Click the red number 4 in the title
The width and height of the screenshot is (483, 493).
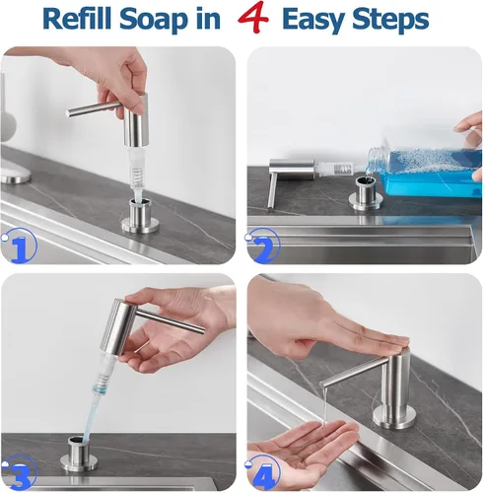pyautogui.click(x=253, y=18)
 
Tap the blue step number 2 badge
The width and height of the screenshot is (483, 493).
pyautogui.click(x=263, y=246)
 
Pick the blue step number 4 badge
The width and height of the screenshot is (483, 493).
pyautogui.click(x=263, y=472)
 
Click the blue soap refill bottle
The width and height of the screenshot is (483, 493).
pyautogui.click(x=427, y=170)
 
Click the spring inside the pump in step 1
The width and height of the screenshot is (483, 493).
pyautogui.click(x=139, y=175)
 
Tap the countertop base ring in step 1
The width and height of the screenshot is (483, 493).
pyautogui.click(x=141, y=225)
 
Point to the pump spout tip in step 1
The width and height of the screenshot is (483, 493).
pyautogui.click(x=68, y=113)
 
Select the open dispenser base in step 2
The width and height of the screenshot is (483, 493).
pyautogui.click(x=366, y=194)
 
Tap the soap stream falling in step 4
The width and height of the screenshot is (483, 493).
pyautogui.click(x=324, y=406)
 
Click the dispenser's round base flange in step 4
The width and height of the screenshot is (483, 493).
pyautogui.click(x=392, y=417)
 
